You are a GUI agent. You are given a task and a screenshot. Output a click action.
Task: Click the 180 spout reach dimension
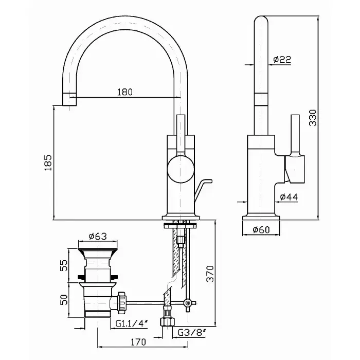click(x=124, y=92)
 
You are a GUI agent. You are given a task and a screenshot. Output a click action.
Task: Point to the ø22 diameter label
click(x=282, y=60)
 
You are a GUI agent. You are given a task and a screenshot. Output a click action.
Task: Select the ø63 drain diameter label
click(x=97, y=237)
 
